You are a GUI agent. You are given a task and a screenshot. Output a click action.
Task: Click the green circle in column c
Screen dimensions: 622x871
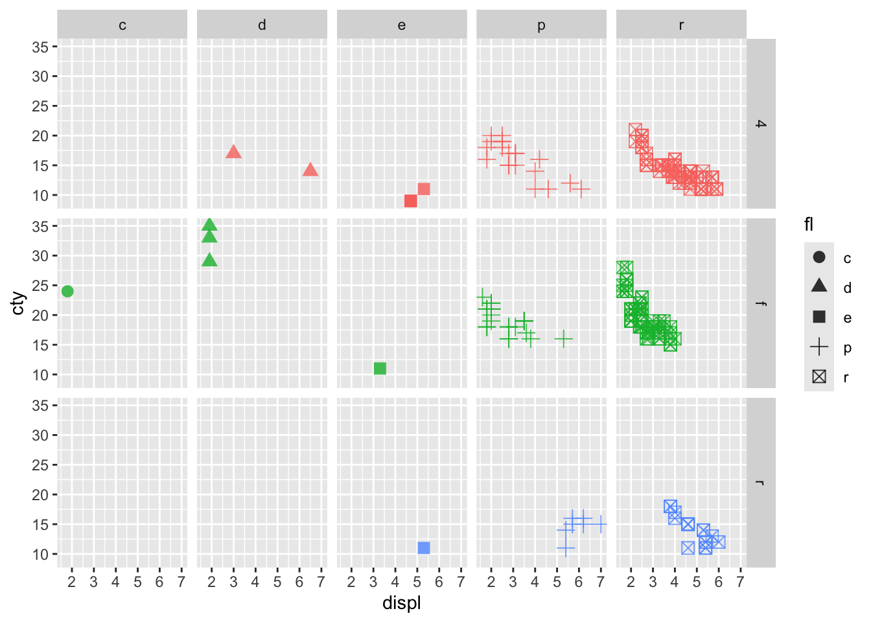67,292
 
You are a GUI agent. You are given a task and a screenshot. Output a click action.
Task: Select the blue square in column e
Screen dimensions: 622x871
424,548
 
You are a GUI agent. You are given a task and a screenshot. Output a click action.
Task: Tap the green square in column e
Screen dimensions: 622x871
380,369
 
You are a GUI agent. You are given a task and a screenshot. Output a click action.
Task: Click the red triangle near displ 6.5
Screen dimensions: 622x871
310,170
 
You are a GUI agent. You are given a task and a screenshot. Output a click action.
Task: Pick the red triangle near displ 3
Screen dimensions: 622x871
234,152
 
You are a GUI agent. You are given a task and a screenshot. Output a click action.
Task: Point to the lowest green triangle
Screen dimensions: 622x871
209,260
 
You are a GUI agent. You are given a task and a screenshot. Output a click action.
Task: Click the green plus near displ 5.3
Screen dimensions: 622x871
564,338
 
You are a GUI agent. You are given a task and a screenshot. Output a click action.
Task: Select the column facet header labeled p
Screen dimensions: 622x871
541,25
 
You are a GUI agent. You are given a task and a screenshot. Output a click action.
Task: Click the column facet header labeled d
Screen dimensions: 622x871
262,25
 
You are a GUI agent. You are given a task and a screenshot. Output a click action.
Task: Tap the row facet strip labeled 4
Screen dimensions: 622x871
761,124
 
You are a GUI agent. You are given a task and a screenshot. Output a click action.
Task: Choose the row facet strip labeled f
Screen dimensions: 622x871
761,303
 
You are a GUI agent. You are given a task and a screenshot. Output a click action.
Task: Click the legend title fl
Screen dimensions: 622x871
809,225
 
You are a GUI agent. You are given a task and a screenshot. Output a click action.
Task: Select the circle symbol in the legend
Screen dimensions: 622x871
819,257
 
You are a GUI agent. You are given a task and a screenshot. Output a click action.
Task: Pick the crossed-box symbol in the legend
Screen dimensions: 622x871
819,376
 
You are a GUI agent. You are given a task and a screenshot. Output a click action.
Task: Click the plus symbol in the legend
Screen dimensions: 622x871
819,347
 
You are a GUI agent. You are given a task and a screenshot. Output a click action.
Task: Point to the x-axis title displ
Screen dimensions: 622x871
402,604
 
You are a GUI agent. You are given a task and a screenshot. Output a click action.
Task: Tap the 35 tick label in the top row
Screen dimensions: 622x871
40,47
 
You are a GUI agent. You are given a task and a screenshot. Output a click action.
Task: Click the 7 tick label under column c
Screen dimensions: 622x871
181,582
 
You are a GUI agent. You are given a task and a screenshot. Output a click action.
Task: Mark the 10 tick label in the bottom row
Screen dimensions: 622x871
40,555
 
